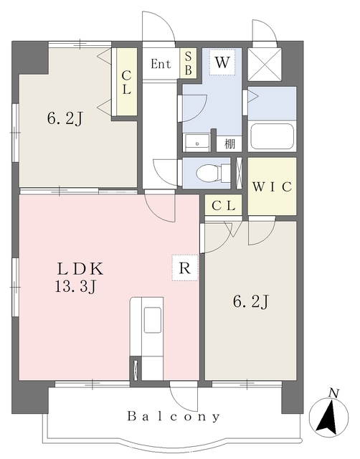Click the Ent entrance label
tap(161, 64)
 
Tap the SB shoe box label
tap(188, 63)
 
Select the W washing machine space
tap(222, 62)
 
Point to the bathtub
tap(273, 136)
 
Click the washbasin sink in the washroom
tap(197, 143)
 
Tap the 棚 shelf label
tap(229, 143)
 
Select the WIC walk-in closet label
tap(272, 186)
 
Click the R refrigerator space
tap(185, 268)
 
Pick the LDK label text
tap(80, 269)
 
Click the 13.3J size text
tap(75, 288)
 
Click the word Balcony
tap(174, 416)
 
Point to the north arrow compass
tap(329, 416)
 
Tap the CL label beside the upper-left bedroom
tap(126, 83)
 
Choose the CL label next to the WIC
tap(224, 206)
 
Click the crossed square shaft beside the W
tap(265, 64)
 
